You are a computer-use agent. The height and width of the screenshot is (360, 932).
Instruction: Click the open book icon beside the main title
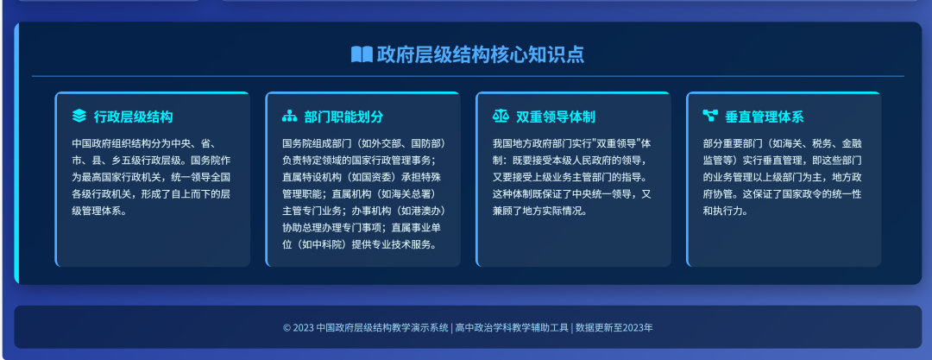[361, 54]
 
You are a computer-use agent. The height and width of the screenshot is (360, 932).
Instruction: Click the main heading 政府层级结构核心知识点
[480, 54]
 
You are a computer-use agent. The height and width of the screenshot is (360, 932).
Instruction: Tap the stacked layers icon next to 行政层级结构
[79, 116]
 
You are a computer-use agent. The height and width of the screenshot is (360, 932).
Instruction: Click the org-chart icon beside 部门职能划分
[289, 116]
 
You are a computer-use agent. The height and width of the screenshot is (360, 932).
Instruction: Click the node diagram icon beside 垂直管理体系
[710, 116]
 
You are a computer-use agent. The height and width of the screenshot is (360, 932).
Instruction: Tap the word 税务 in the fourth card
[818, 143]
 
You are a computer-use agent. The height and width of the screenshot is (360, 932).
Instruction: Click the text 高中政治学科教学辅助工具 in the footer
[513, 328]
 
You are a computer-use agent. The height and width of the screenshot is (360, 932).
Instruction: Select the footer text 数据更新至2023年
[614, 328]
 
